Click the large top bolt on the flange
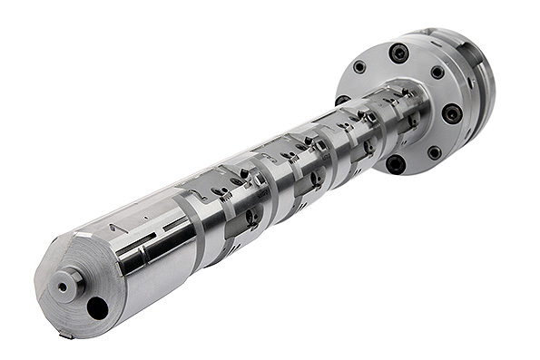click(x=398, y=54)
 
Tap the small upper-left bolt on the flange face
click(x=360, y=67)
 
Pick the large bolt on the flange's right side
click(x=451, y=113)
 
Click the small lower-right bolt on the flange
click(x=434, y=153)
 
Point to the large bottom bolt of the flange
click(x=395, y=164)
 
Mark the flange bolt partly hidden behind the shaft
click(x=343, y=101)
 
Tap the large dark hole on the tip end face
click(x=96, y=308)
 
